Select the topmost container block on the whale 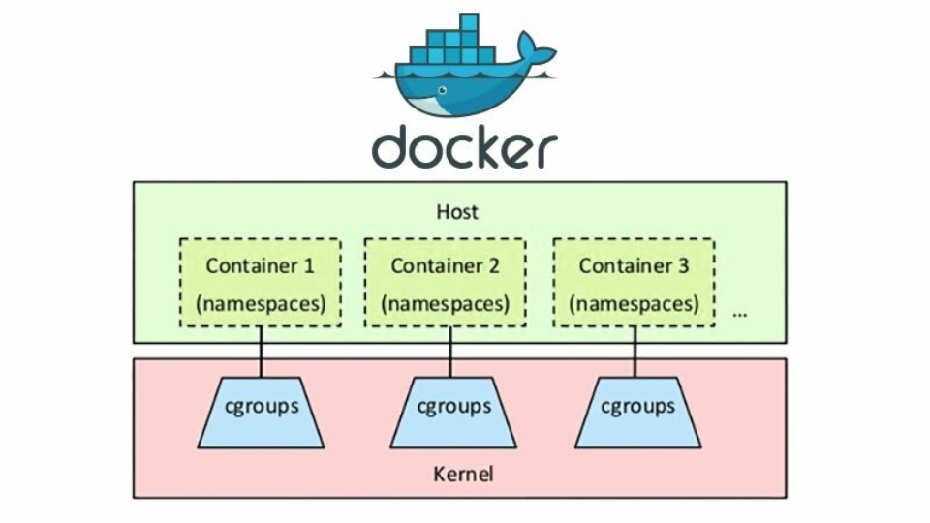coord(469,21)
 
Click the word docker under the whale coord(464,147)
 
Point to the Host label coord(457,211)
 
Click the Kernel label coord(462,474)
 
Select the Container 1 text coord(260,264)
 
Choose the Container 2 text coord(446,264)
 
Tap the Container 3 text coord(634,264)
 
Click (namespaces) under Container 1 coord(260,303)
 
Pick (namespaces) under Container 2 coord(446,303)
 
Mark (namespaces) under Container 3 coord(634,303)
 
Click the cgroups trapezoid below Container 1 coord(261,412)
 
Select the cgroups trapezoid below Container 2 coord(452,412)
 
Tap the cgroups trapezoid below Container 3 coord(637,412)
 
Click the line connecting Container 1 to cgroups coord(261,352)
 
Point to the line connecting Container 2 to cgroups coord(450,352)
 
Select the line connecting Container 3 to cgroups coord(635,352)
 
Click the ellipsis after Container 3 coord(740,314)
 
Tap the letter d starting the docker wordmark coord(392,147)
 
